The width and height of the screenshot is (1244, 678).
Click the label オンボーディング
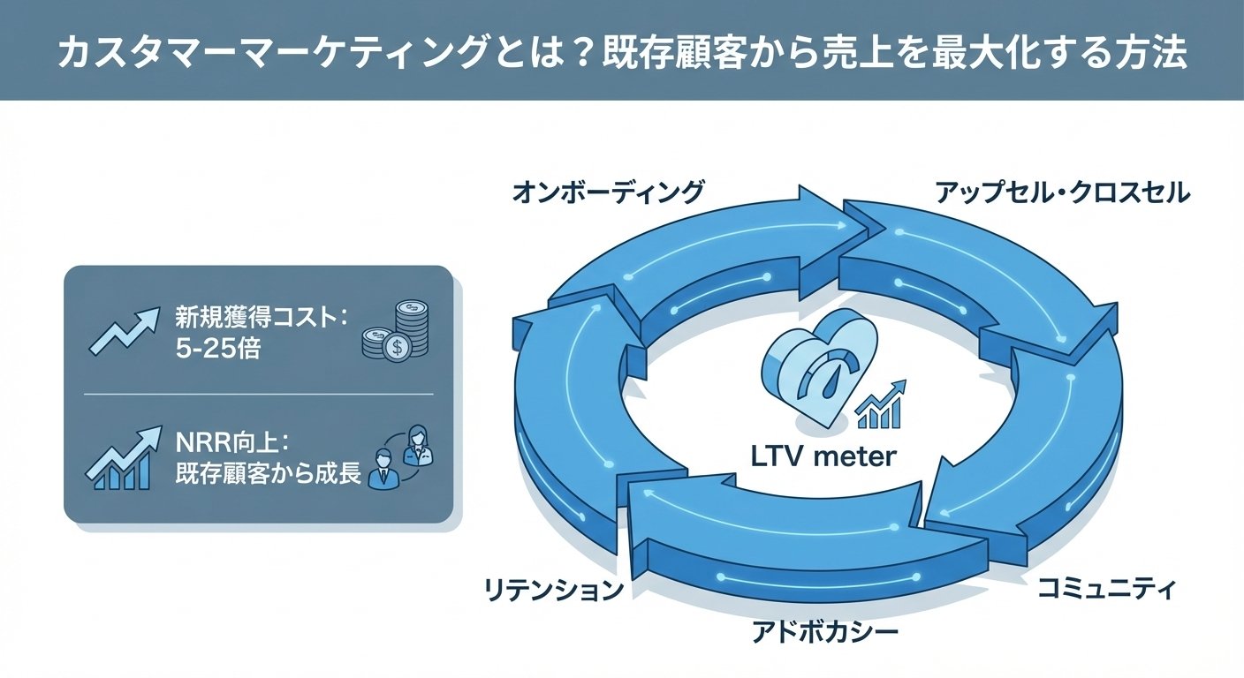609,192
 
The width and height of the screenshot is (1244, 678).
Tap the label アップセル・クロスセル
1062,192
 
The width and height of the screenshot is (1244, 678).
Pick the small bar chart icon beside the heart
882,405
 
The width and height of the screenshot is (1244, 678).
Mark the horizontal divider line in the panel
258,394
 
